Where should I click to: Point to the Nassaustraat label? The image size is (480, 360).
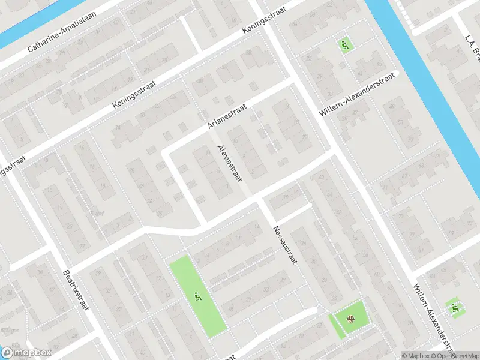282,246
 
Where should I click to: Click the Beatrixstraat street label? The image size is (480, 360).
75,290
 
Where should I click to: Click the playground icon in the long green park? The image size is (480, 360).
197,295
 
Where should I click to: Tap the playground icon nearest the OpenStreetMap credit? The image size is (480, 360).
456,308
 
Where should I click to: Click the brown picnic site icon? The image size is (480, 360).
350,318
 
